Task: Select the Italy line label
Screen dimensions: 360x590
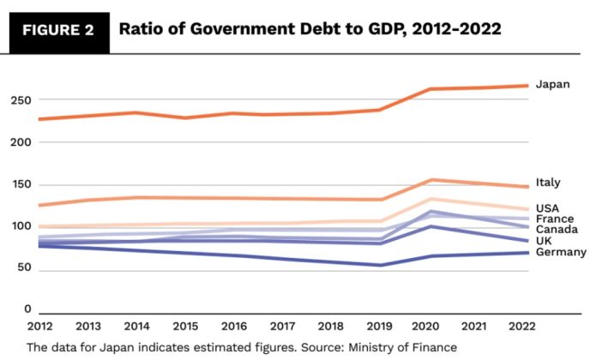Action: (548, 183)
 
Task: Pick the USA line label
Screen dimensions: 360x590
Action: (548, 208)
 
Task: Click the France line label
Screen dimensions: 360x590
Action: (554, 219)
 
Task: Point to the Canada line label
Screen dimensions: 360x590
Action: (557, 230)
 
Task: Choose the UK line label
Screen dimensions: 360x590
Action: (544, 241)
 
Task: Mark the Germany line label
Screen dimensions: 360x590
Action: (561, 252)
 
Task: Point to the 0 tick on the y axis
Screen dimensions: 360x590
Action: (28, 309)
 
